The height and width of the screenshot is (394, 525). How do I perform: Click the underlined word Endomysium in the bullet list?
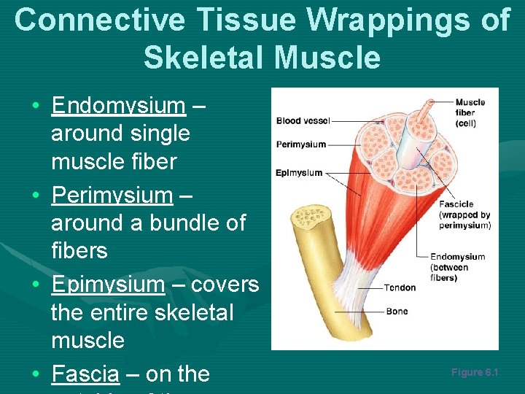[x=118, y=106]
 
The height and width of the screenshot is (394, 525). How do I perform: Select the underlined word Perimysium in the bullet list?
[x=112, y=196]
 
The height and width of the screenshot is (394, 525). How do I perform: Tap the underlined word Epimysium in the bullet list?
[x=108, y=284]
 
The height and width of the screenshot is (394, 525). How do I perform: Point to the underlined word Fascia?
[x=85, y=374]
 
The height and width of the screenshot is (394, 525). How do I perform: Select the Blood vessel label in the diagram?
[x=303, y=120]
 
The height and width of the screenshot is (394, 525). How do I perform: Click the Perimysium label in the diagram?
[x=300, y=144]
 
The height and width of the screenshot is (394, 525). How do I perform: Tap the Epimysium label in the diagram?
[x=299, y=173]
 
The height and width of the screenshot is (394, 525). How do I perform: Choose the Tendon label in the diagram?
[x=399, y=287]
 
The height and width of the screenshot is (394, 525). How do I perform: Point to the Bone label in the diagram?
[x=397, y=312]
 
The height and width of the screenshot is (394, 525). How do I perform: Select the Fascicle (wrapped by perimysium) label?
[x=464, y=215]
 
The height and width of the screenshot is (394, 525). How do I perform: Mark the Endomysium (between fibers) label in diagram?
[x=457, y=267]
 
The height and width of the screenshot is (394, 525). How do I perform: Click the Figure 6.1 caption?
[x=474, y=372]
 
